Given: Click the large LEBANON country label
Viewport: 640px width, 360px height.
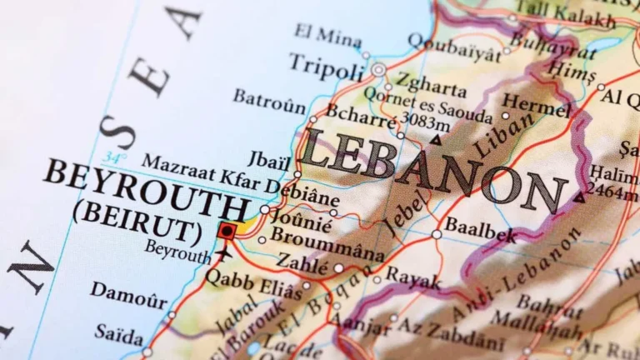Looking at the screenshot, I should point(433,171).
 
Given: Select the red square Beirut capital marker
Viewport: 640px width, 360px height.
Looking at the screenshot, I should point(227,230).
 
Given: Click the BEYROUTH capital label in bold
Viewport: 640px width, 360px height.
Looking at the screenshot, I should point(146,187).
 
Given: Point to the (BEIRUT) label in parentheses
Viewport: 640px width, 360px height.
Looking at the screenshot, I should point(137,221).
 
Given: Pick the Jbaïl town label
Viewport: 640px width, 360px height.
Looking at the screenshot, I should point(269,158).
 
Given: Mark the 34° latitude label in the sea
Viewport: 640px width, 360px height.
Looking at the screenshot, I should point(114,157).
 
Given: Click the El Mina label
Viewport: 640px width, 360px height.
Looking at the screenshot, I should point(327,35).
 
